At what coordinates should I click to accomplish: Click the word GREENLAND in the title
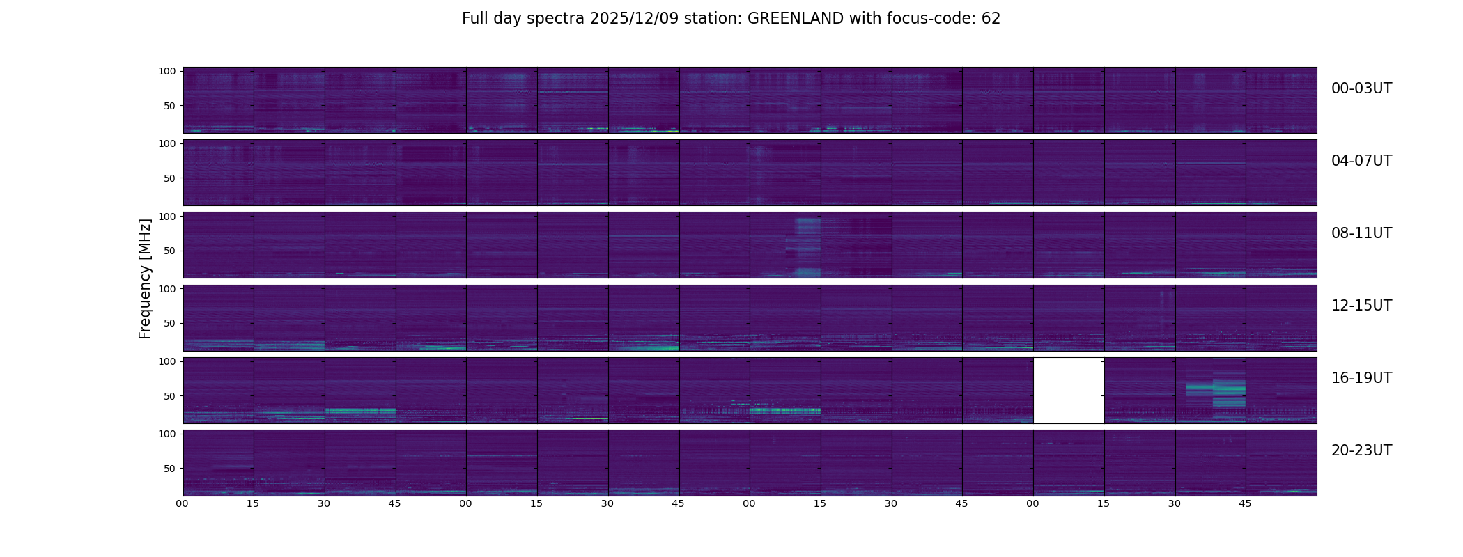click(795, 19)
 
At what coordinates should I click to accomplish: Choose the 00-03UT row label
click(1361, 88)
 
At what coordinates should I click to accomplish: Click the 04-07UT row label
click(1361, 161)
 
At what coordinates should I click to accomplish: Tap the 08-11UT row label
click(1361, 233)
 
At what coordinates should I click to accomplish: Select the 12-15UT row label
click(1361, 306)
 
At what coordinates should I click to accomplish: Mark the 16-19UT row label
click(1361, 378)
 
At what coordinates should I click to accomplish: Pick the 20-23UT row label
click(1361, 450)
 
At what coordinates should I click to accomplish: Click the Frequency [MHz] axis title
click(145, 278)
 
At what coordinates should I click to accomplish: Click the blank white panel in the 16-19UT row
click(1069, 391)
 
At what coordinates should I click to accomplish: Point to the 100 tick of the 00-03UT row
click(167, 71)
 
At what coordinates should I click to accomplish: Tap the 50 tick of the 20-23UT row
click(169, 469)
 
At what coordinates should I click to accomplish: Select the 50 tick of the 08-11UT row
click(169, 251)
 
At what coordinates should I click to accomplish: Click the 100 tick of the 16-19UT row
click(167, 361)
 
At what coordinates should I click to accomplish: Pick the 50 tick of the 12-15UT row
click(169, 323)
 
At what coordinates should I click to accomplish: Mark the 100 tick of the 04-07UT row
click(167, 143)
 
